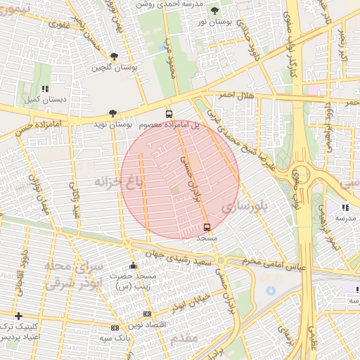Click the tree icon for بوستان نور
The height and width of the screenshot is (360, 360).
(x=214, y=11)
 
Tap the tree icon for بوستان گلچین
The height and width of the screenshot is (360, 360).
(x=115, y=57)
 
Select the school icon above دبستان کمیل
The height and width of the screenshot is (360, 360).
(x=45, y=89)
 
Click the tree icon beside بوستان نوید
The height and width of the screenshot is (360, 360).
(x=112, y=113)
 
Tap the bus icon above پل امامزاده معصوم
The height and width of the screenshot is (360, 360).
(x=169, y=114)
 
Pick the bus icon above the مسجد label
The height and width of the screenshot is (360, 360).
(x=207, y=227)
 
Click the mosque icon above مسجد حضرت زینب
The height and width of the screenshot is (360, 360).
(x=134, y=266)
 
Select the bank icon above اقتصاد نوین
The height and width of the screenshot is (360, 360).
(x=147, y=314)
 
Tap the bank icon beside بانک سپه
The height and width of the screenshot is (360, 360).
(x=115, y=328)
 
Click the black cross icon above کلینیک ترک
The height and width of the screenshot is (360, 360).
(x=18, y=316)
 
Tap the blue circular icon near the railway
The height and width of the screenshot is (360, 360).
(x=271, y=290)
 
